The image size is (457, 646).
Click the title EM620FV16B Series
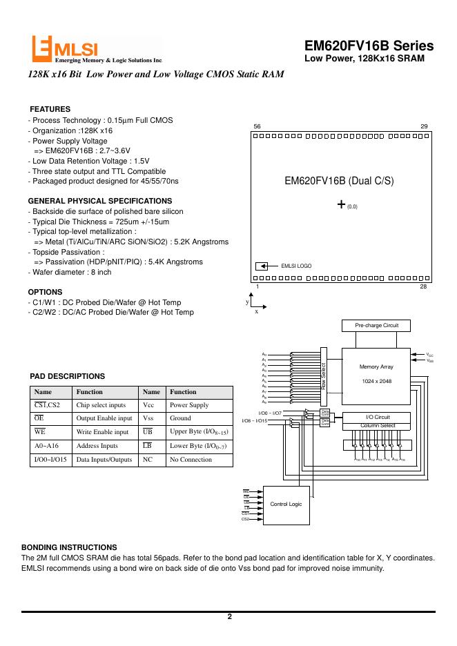(x=369, y=46)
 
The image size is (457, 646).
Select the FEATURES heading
(x=50, y=110)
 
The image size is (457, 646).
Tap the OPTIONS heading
(x=46, y=292)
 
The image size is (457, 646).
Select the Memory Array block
(x=377, y=373)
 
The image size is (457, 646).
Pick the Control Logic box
(x=286, y=505)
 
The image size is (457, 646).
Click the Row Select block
(x=322, y=377)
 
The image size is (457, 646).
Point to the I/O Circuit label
(x=378, y=417)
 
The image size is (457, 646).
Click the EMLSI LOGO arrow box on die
(x=262, y=265)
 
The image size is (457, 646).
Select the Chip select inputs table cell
(x=101, y=406)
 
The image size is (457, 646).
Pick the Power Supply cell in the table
(x=188, y=406)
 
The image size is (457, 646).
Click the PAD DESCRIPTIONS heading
(x=68, y=376)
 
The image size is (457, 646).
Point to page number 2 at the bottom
(x=229, y=617)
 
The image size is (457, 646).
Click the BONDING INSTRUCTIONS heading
(x=69, y=547)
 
